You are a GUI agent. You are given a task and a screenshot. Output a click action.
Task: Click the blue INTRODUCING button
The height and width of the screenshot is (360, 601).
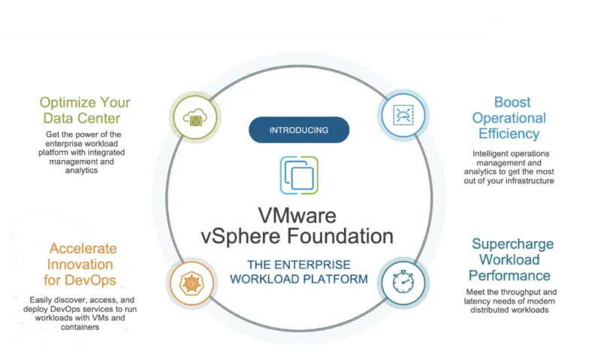coord(299,130)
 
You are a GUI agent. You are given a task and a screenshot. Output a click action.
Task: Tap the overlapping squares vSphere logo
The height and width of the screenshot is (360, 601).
coord(299,175)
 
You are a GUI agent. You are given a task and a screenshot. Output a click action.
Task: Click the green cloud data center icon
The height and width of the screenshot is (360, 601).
coord(195,117)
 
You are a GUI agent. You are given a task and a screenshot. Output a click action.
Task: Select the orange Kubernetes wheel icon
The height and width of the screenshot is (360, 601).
coord(192,283)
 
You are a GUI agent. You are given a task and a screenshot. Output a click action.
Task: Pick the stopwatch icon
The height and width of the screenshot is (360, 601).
coord(403,282)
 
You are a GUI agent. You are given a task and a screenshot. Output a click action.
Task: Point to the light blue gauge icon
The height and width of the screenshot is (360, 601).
coord(403,115)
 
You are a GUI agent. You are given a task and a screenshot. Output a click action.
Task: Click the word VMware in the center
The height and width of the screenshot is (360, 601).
coord(297,215)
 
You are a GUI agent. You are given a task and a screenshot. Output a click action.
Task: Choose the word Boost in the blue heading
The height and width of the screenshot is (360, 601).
coord(512,102)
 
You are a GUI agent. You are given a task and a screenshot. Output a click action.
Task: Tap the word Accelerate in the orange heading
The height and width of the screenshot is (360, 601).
coord(83,249)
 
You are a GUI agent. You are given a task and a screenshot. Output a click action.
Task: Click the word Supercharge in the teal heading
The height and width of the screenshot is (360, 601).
coord(512,244)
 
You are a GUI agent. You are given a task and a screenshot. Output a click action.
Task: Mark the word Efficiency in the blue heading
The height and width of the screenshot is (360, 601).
coord(509,134)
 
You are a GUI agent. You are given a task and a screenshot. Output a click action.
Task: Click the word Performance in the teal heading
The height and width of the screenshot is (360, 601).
coord(509,276)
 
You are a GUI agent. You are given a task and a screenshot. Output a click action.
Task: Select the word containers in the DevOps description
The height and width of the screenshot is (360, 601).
coord(80,327)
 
